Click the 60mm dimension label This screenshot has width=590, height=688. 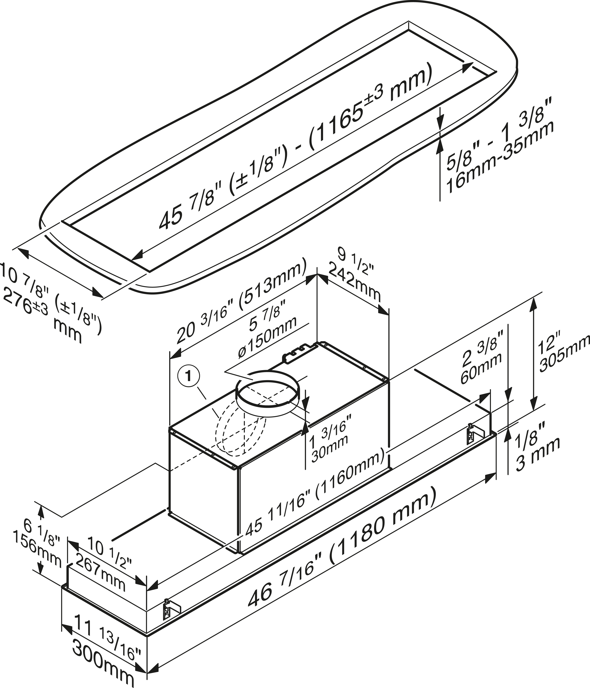pyautogui.click(x=481, y=365)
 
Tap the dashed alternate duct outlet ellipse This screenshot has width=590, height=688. pyautogui.click(x=241, y=432)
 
